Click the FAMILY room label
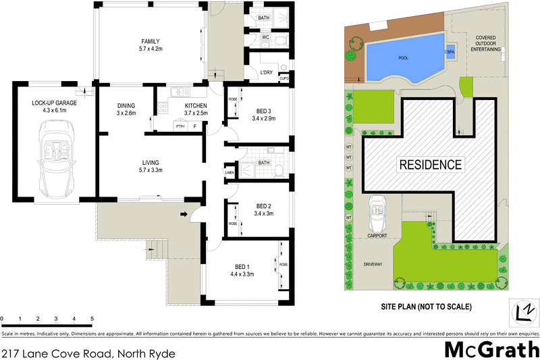[150, 41]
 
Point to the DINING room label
[126, 105]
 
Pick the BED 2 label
[264, 206]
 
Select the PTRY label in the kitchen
[180, 126]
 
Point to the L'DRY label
[267, 73]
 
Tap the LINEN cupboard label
[230, 174]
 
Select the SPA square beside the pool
[450, 51]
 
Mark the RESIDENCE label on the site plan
[430, 164]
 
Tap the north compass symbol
[521, 311]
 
